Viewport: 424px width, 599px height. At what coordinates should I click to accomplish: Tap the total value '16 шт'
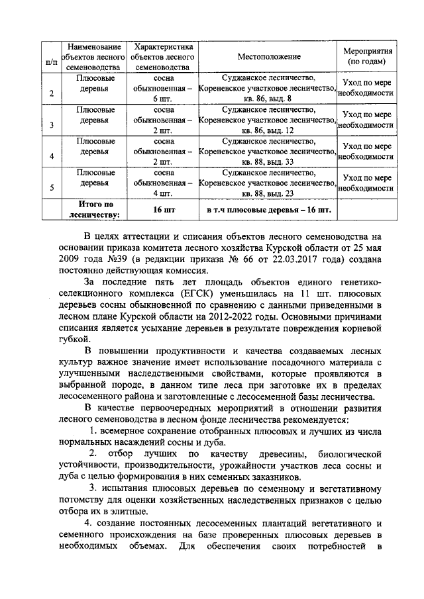[163, 210]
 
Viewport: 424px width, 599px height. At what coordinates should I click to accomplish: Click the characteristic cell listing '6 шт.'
[163, 88]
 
